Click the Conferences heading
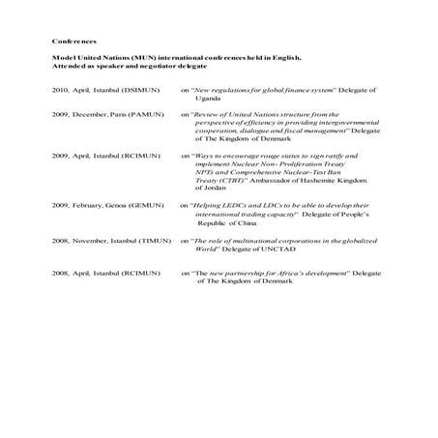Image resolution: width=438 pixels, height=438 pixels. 74,42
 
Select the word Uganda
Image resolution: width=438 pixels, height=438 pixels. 208,98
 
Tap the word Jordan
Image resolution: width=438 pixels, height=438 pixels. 206,189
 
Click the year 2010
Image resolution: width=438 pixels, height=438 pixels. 61,89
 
